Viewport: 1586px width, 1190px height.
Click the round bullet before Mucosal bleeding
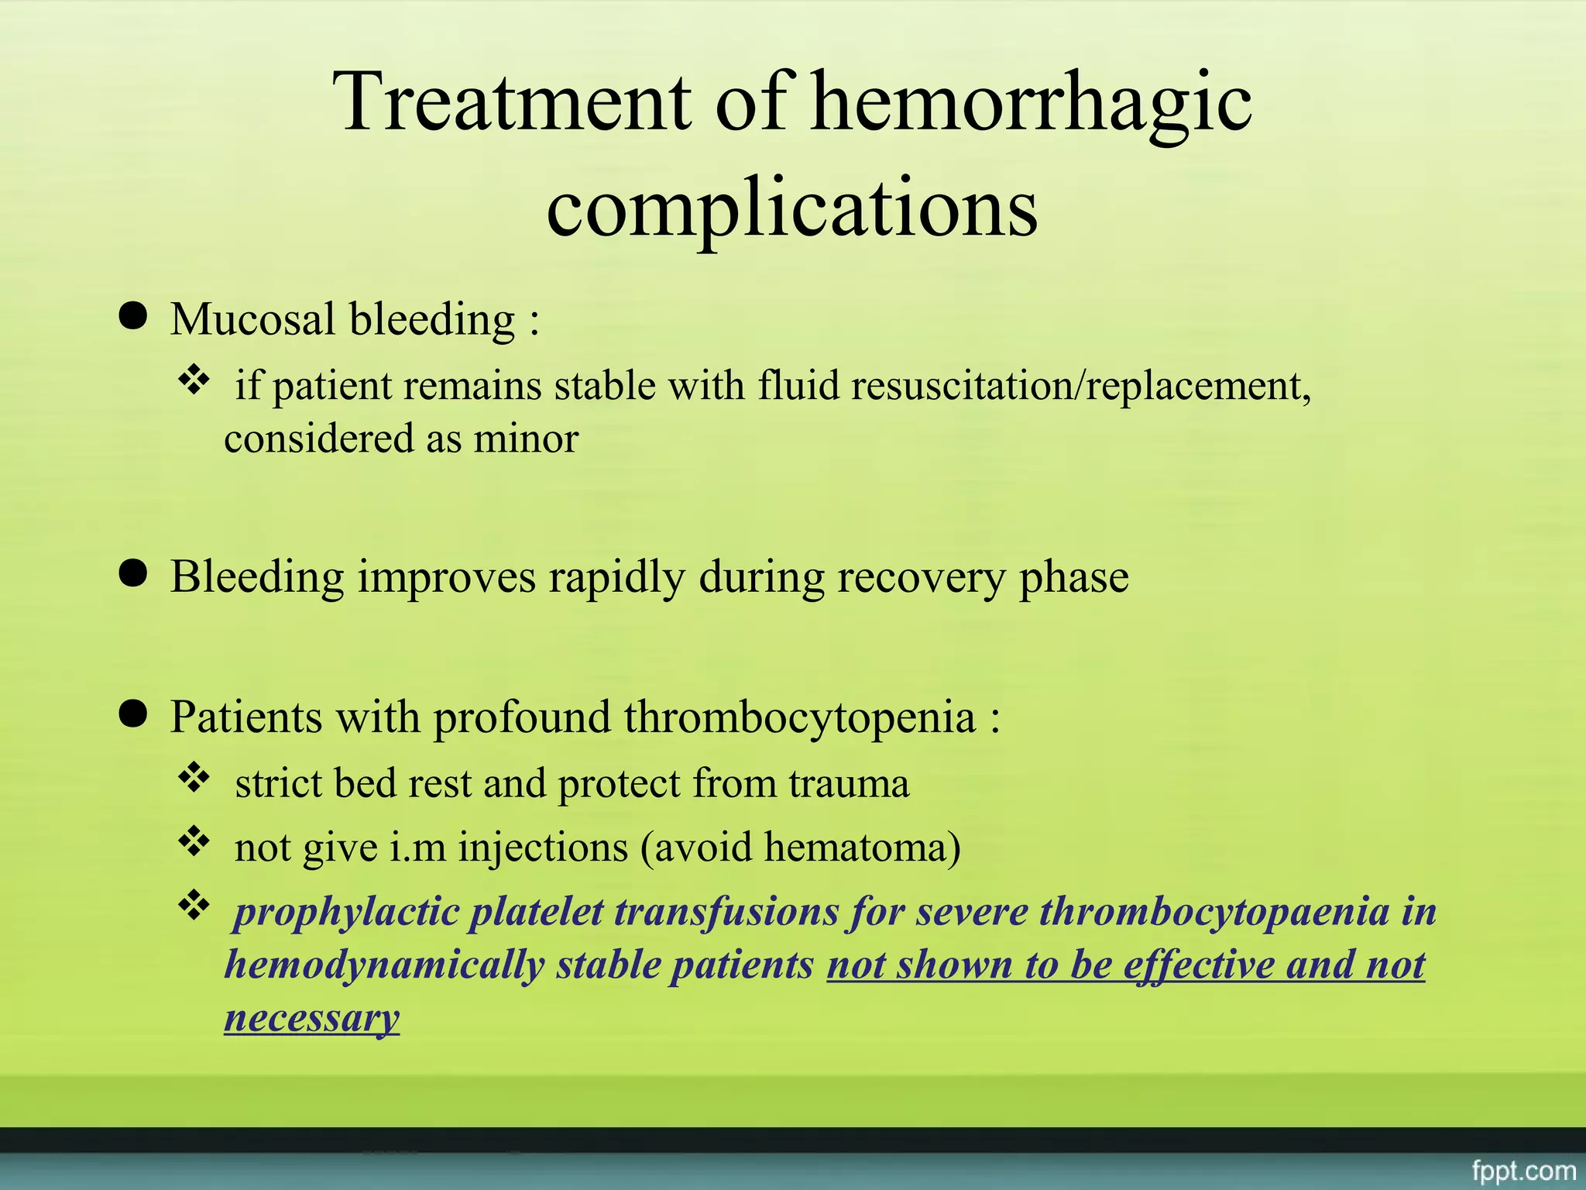tap(134, 317)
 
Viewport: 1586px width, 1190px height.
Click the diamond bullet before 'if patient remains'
tap(194, 380)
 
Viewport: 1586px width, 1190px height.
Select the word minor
tap(526, 439)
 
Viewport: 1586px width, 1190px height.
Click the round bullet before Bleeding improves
tap(134, 575)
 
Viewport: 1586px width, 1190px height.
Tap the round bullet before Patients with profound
tap(134, 714)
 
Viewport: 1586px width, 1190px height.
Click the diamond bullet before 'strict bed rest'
tap(194, 778)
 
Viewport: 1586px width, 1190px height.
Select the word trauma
tap(849, 783)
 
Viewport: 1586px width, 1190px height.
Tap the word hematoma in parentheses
tap(856, 848)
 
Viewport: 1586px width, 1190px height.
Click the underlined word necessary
tap(311, 1017)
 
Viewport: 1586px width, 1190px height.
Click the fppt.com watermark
tap(1523, 1170)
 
